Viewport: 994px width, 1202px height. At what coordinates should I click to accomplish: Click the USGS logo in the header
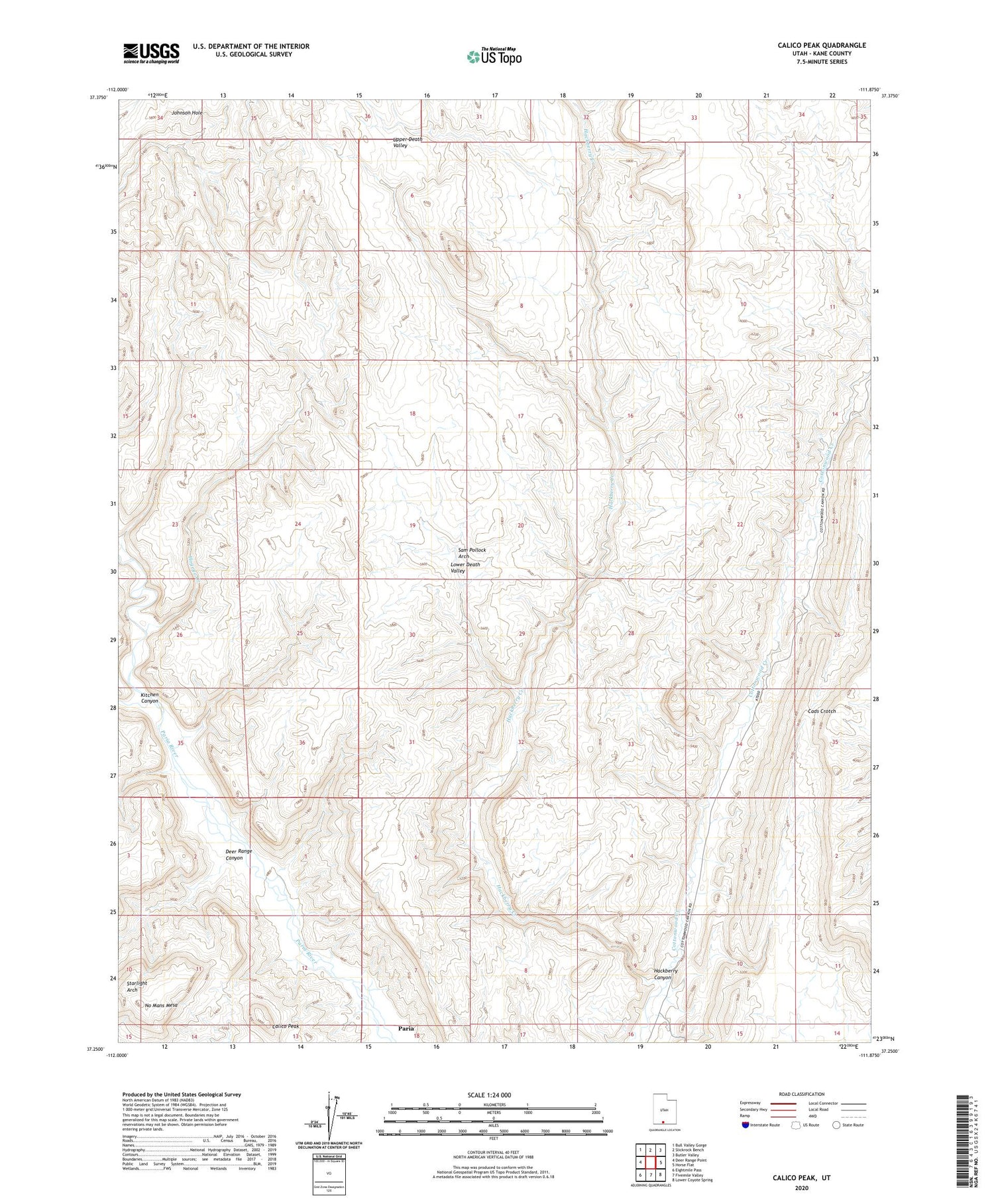pos(151,53)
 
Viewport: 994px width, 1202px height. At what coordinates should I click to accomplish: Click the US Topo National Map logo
pos(494,56)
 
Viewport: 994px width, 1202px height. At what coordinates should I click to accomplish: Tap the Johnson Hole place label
pos(187,113)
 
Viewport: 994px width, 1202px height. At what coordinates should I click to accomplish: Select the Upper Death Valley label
pos(407,142)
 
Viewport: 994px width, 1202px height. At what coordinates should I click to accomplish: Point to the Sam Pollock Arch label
pos(472,553)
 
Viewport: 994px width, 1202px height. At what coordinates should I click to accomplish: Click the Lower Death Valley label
pos(465,568)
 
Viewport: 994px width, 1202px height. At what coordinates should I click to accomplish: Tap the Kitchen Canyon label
pos(150,697)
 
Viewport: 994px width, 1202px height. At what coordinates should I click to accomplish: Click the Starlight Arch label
pos(137,986)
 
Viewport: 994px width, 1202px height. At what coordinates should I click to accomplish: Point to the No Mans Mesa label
pos(161,1005)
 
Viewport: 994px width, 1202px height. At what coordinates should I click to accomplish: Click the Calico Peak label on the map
pos(285,1026)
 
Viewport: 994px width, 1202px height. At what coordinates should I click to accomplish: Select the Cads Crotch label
pos(822,711)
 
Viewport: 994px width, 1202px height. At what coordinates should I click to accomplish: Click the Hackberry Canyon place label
pos(666,974)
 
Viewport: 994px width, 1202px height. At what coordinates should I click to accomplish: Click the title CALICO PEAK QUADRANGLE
pos(822,45)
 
